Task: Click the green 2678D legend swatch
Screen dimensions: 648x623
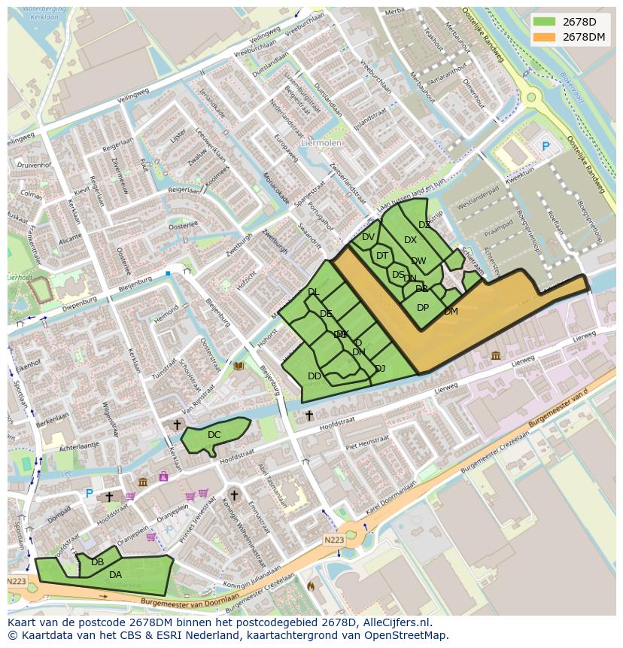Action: [544, 22]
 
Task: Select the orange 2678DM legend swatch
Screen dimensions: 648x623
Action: [544, 37]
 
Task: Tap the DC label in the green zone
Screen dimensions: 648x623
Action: [214, 435]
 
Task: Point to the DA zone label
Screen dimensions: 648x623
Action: [115, 575]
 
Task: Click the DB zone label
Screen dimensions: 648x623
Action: [97, 562]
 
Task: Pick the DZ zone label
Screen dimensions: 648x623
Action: [424, 225]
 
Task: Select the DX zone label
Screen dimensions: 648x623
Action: [410, 241]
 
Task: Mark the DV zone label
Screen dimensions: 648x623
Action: [368, 237]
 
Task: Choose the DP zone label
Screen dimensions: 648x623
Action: [423, 308]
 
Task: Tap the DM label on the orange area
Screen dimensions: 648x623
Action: [451, 312]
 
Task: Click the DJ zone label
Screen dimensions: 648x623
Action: [380, 369]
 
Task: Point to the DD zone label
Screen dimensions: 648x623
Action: [315, 376]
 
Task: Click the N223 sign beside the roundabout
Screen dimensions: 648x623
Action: [335, 540]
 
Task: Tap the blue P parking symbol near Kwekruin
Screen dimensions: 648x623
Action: [546, 146]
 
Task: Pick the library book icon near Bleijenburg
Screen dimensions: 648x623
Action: [239, 367]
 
